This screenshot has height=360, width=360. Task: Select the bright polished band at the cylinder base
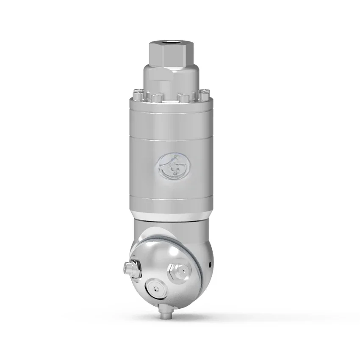tap(169, 214)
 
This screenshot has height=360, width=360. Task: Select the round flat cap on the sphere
tap(157, 289)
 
